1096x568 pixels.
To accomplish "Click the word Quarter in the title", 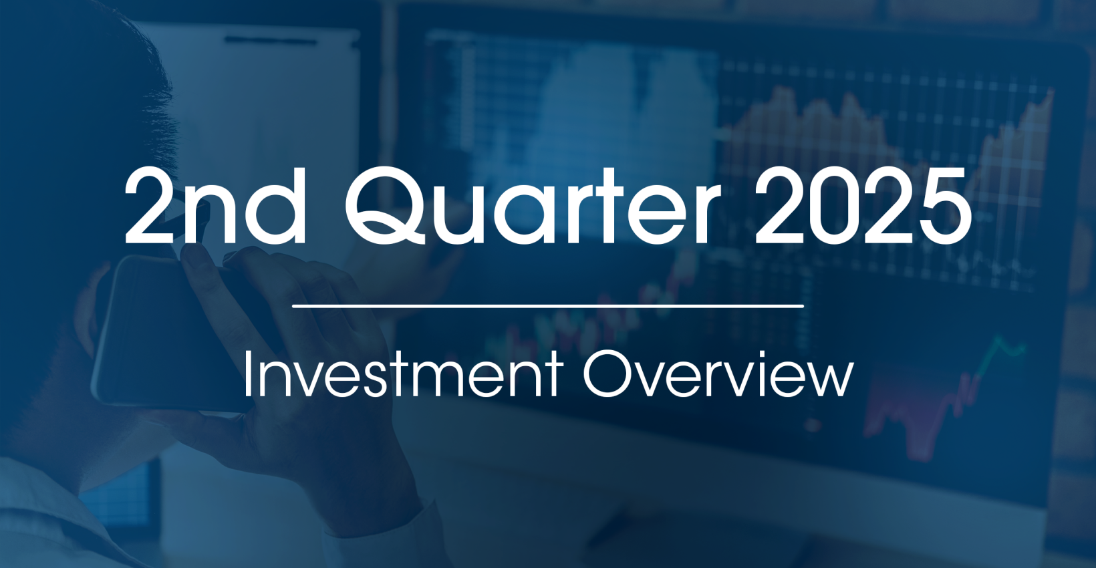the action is point(533,205).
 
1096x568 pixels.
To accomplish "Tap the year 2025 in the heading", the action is point(863,205).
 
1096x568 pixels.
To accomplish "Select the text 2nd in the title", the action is point(215,205).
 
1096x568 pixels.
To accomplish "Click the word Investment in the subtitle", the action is point(402,374).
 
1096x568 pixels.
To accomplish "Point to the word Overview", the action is point(718,373).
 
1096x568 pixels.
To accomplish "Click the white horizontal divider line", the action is point(548,306).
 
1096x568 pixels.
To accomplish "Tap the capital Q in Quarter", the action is point(386,205).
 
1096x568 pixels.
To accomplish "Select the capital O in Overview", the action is point(607,374).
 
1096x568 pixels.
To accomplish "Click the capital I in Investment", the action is point(247,374).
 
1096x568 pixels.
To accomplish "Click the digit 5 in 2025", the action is point(945,206).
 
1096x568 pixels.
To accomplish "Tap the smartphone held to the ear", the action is point(162,333).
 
